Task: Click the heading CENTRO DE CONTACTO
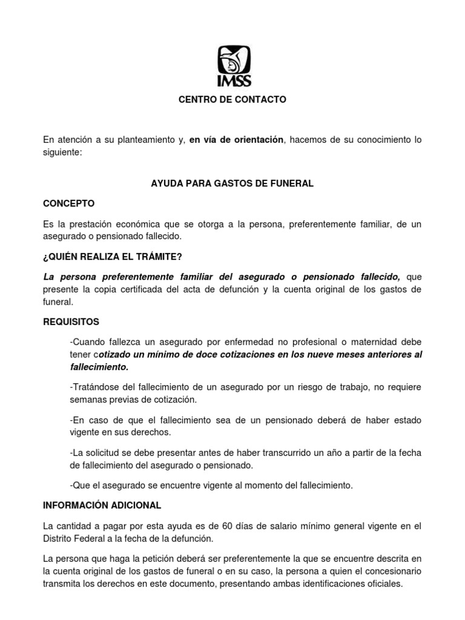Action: click(x=232, y=99)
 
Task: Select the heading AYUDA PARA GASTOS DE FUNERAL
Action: click(x=232, y=183)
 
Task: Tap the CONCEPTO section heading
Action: click(x=68, y=203)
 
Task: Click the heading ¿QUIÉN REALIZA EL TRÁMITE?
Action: click(x=112, y=257)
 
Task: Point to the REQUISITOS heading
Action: click(x=71, y=322)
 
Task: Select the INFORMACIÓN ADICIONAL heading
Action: click(x=102, y=505)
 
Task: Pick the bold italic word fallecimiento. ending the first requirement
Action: click(x=99, y=367)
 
